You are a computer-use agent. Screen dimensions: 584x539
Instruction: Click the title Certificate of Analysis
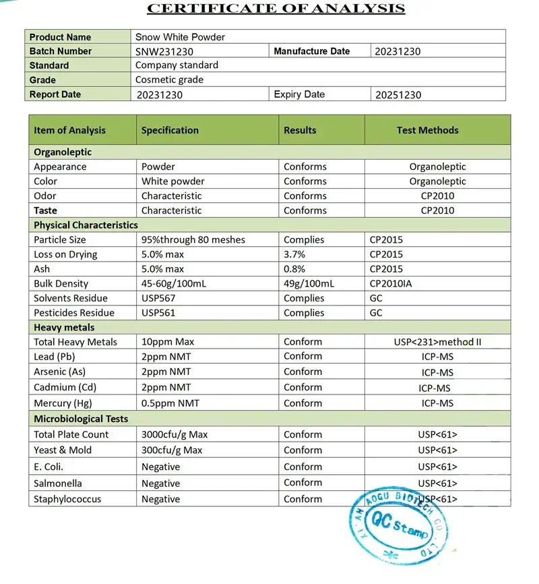coord(276,9)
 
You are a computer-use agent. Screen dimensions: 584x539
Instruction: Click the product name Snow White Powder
coord(180,37)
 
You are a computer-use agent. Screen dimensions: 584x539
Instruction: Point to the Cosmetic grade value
coord(169,80)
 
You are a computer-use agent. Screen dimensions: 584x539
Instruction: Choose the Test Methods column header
coord(427,130)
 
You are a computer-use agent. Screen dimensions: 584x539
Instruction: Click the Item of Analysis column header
coord(69,130)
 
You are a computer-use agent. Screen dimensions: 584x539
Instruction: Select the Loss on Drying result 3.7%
coord(294,254)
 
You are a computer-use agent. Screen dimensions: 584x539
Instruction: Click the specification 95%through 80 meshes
coord(193,239)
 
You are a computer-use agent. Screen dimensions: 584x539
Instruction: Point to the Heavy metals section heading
coord(65,327)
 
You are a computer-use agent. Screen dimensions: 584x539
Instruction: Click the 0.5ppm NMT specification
coord(170,403)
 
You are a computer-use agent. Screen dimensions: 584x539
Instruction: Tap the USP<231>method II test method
coord(437,342)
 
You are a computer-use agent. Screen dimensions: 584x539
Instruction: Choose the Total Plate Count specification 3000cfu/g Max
coord(174,434)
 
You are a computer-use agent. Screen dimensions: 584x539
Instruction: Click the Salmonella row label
coord(58,484)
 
